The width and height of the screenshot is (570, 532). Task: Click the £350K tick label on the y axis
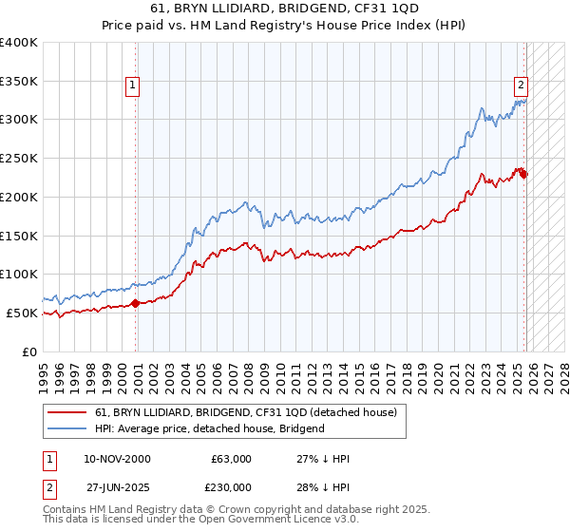(19, 81)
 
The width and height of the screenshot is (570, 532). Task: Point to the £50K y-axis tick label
(22, 313)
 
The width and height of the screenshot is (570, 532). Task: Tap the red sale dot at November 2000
(135, 303)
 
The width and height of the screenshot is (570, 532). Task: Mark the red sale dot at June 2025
(524, 174)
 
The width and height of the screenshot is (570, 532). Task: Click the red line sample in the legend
(68, 412)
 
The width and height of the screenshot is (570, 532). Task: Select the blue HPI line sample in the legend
(68, 428)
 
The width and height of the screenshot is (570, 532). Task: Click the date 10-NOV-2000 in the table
(117, 460)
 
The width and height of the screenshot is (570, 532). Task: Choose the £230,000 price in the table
(231, 486)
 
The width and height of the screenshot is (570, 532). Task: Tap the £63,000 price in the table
(231, 460)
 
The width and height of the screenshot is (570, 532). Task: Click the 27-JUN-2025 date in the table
(117, 486)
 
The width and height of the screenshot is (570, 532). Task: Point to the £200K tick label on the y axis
(19, 197)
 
